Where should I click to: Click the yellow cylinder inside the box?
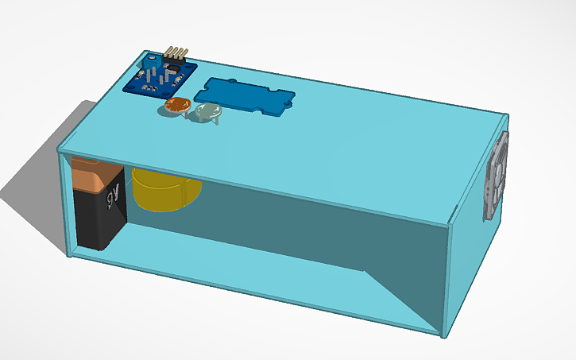point(163,191)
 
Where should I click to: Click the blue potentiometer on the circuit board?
point(149,61)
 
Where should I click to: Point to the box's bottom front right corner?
point(441,335)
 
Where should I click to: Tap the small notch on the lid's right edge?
point(454,211)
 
